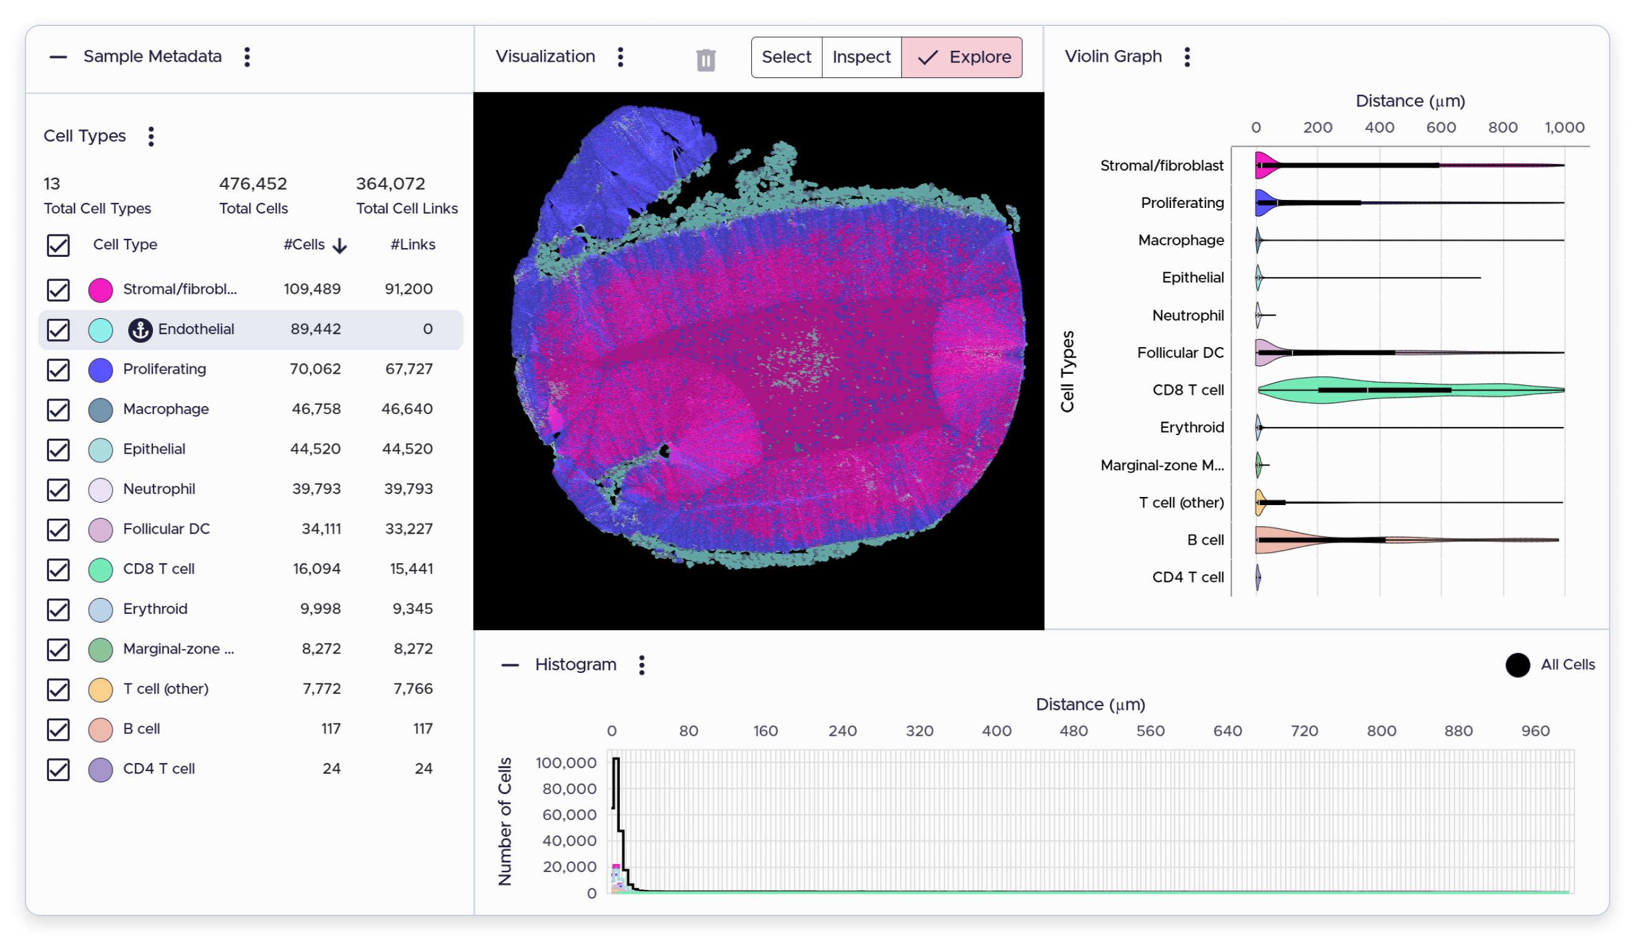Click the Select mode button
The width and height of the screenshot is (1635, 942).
coord(787,57)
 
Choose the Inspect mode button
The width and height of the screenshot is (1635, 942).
coord(861,57)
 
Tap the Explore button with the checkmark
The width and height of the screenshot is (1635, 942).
coord(962,57)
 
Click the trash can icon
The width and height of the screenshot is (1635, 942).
coord(705,60)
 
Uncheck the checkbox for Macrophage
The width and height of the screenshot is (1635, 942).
coord(58,410)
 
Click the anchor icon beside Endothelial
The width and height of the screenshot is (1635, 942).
coord(140,330)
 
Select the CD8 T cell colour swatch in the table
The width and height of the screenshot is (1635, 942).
coord(100,570)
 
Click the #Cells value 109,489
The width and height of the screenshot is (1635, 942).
coord(312,289)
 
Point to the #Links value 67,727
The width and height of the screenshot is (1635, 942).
coord(408,369)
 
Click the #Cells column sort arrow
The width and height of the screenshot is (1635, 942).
coord(340,246)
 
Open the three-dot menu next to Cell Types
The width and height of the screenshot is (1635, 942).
coord(151,137)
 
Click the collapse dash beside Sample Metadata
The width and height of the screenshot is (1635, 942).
coord(58,57)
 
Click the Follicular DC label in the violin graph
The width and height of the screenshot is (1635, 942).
coord(1180,353)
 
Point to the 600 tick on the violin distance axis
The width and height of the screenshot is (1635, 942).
coord(1441,127)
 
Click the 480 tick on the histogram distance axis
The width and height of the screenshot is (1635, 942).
coord(1073,731)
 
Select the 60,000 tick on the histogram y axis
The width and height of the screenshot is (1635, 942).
coord(569,815)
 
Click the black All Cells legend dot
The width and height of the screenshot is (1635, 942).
coord(1517,665)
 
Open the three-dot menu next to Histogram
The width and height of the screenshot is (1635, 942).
coord(642,665)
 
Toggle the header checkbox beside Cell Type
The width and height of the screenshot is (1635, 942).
coord(58,246)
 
